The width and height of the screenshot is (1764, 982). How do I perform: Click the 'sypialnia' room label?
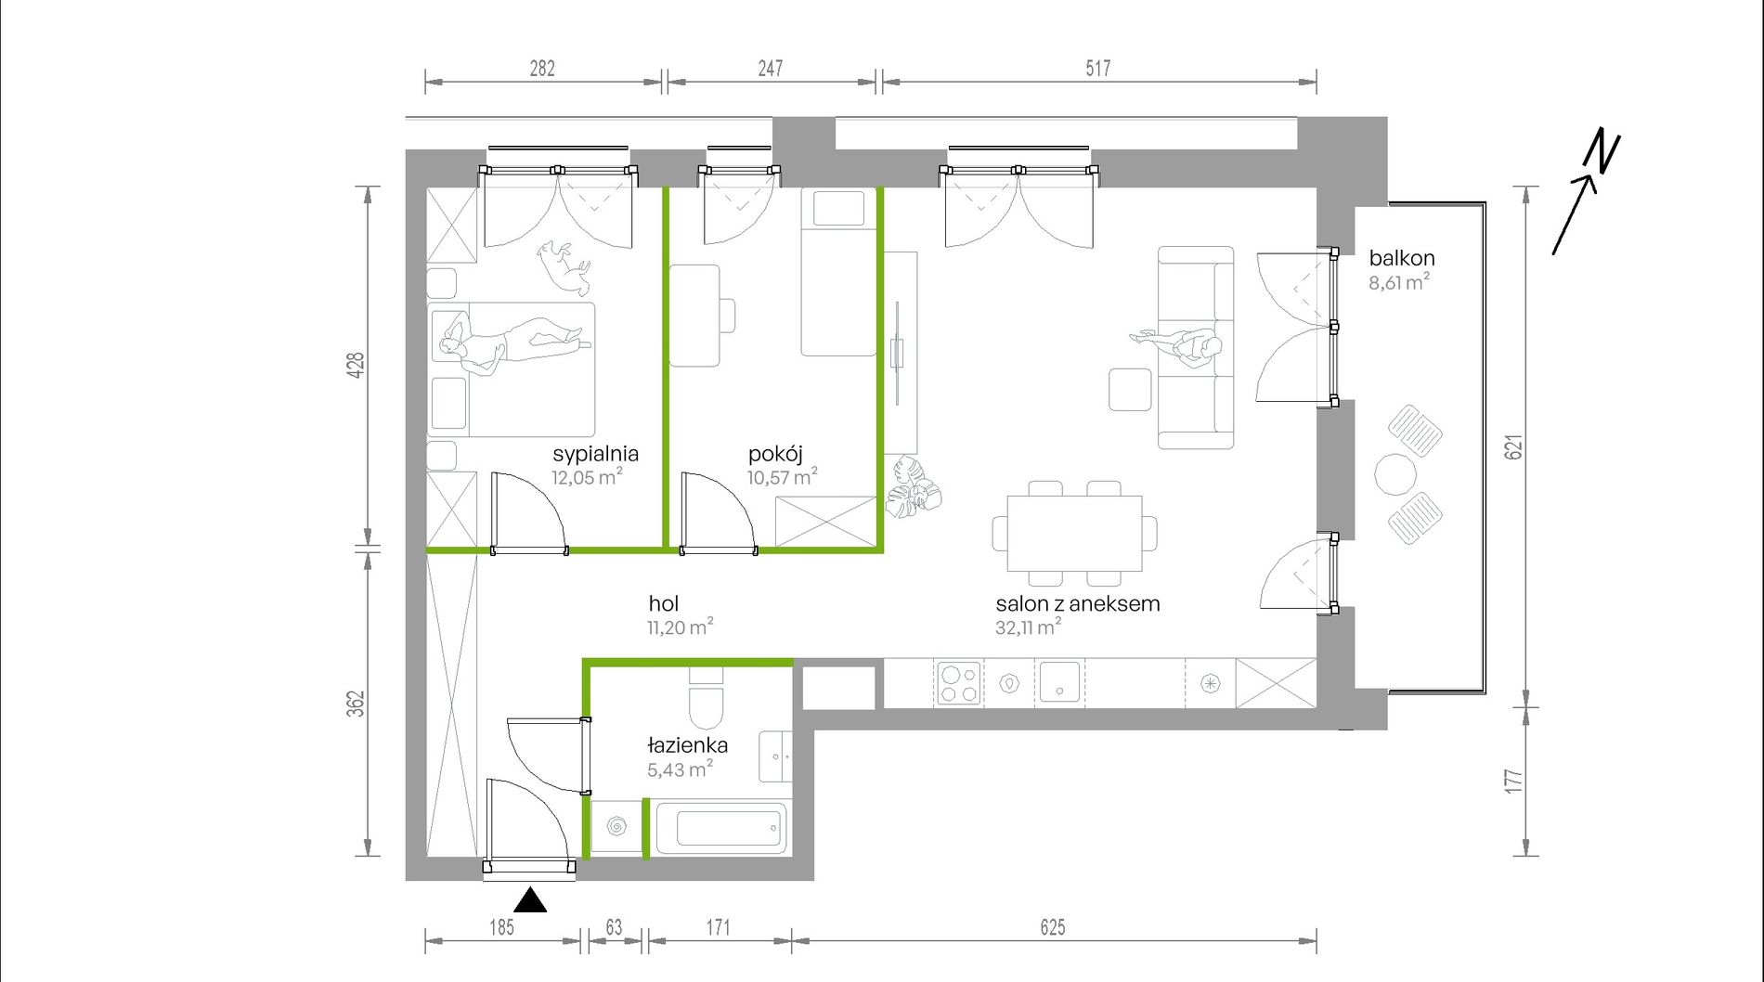pyautogui.click(x=595, y=455)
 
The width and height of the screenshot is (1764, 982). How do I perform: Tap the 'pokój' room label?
pyautogui.click(x=775, y=455)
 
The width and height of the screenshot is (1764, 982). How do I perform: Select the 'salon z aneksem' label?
pyautogui.click(x=1078, y=603)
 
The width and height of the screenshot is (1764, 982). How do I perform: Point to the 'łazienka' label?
pyautogui.click(x=687, y=745)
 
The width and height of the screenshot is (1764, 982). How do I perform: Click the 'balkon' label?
pyautogui.click(x=1402, y=258)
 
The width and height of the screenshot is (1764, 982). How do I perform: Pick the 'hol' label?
pyautogui.click(x=664, y=604)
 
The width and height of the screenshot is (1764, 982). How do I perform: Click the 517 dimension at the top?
pyautogui.click(x=1098, y=68)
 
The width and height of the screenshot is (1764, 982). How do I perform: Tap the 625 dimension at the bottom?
pyautogui.click(x=1053, y=927)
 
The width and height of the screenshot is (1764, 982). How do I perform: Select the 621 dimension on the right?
pyautogui.click(x=1513, y=447)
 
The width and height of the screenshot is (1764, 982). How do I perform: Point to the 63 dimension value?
pyautogui.click(x=614, y=927)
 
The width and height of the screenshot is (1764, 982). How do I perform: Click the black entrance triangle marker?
pyautogui.click(x=530, y=900)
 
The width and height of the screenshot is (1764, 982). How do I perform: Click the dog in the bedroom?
pyautogui.click(x=564, y=265)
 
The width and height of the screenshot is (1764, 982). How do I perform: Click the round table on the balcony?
pyautogui.click(x=1395, y=474)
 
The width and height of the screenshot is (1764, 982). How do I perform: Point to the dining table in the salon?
pyautogui.click(x=1074, y=533)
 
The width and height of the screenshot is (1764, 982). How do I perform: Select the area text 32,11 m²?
pyautogui.click(x=1029, y=627)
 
